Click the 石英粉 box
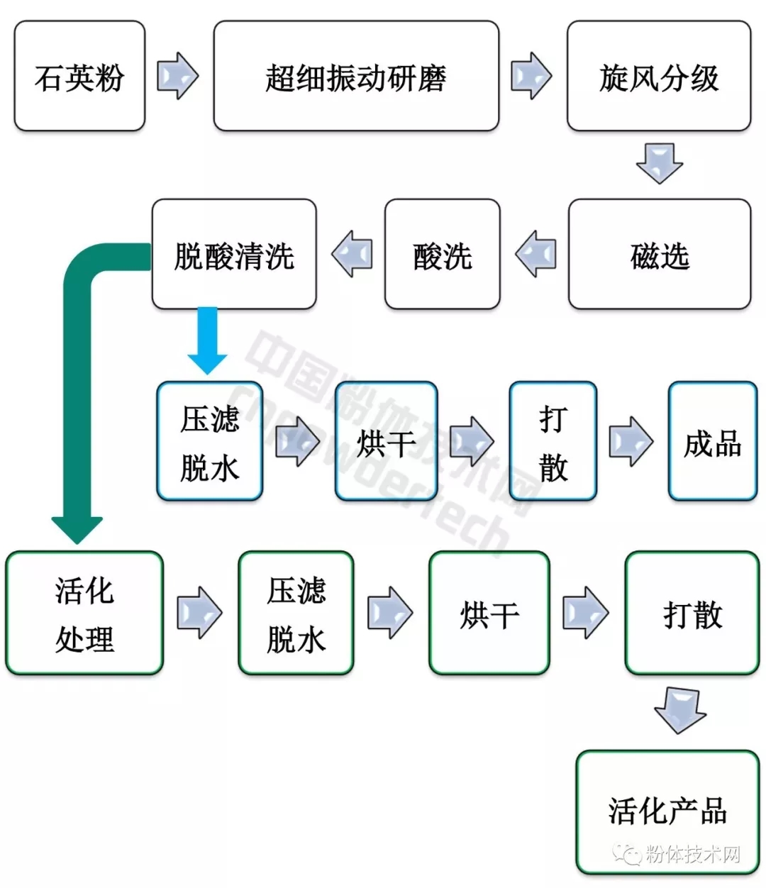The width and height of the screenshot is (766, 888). (79, 76)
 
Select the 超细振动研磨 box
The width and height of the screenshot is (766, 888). (356, 76)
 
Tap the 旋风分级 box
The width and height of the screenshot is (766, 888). (658, 76)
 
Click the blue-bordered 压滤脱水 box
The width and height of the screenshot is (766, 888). (209, 442)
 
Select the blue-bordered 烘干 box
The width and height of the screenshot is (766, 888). (386, 442)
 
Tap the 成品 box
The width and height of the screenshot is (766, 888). (712, 442)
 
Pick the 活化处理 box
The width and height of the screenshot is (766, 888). (84, 613)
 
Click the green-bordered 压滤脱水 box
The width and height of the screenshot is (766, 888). (296, 613)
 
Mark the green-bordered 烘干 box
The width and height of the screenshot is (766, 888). (489, 613)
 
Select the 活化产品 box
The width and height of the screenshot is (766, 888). (667, 811)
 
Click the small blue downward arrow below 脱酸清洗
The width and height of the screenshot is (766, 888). (207, 340)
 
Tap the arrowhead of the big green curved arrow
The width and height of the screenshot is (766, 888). (77, 528)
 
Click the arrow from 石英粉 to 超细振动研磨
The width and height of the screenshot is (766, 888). (177, 75)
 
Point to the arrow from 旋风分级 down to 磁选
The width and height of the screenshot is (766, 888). (659, 164)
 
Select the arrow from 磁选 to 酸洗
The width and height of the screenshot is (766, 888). (535, 254)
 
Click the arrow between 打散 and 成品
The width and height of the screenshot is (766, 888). (631, 442)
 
